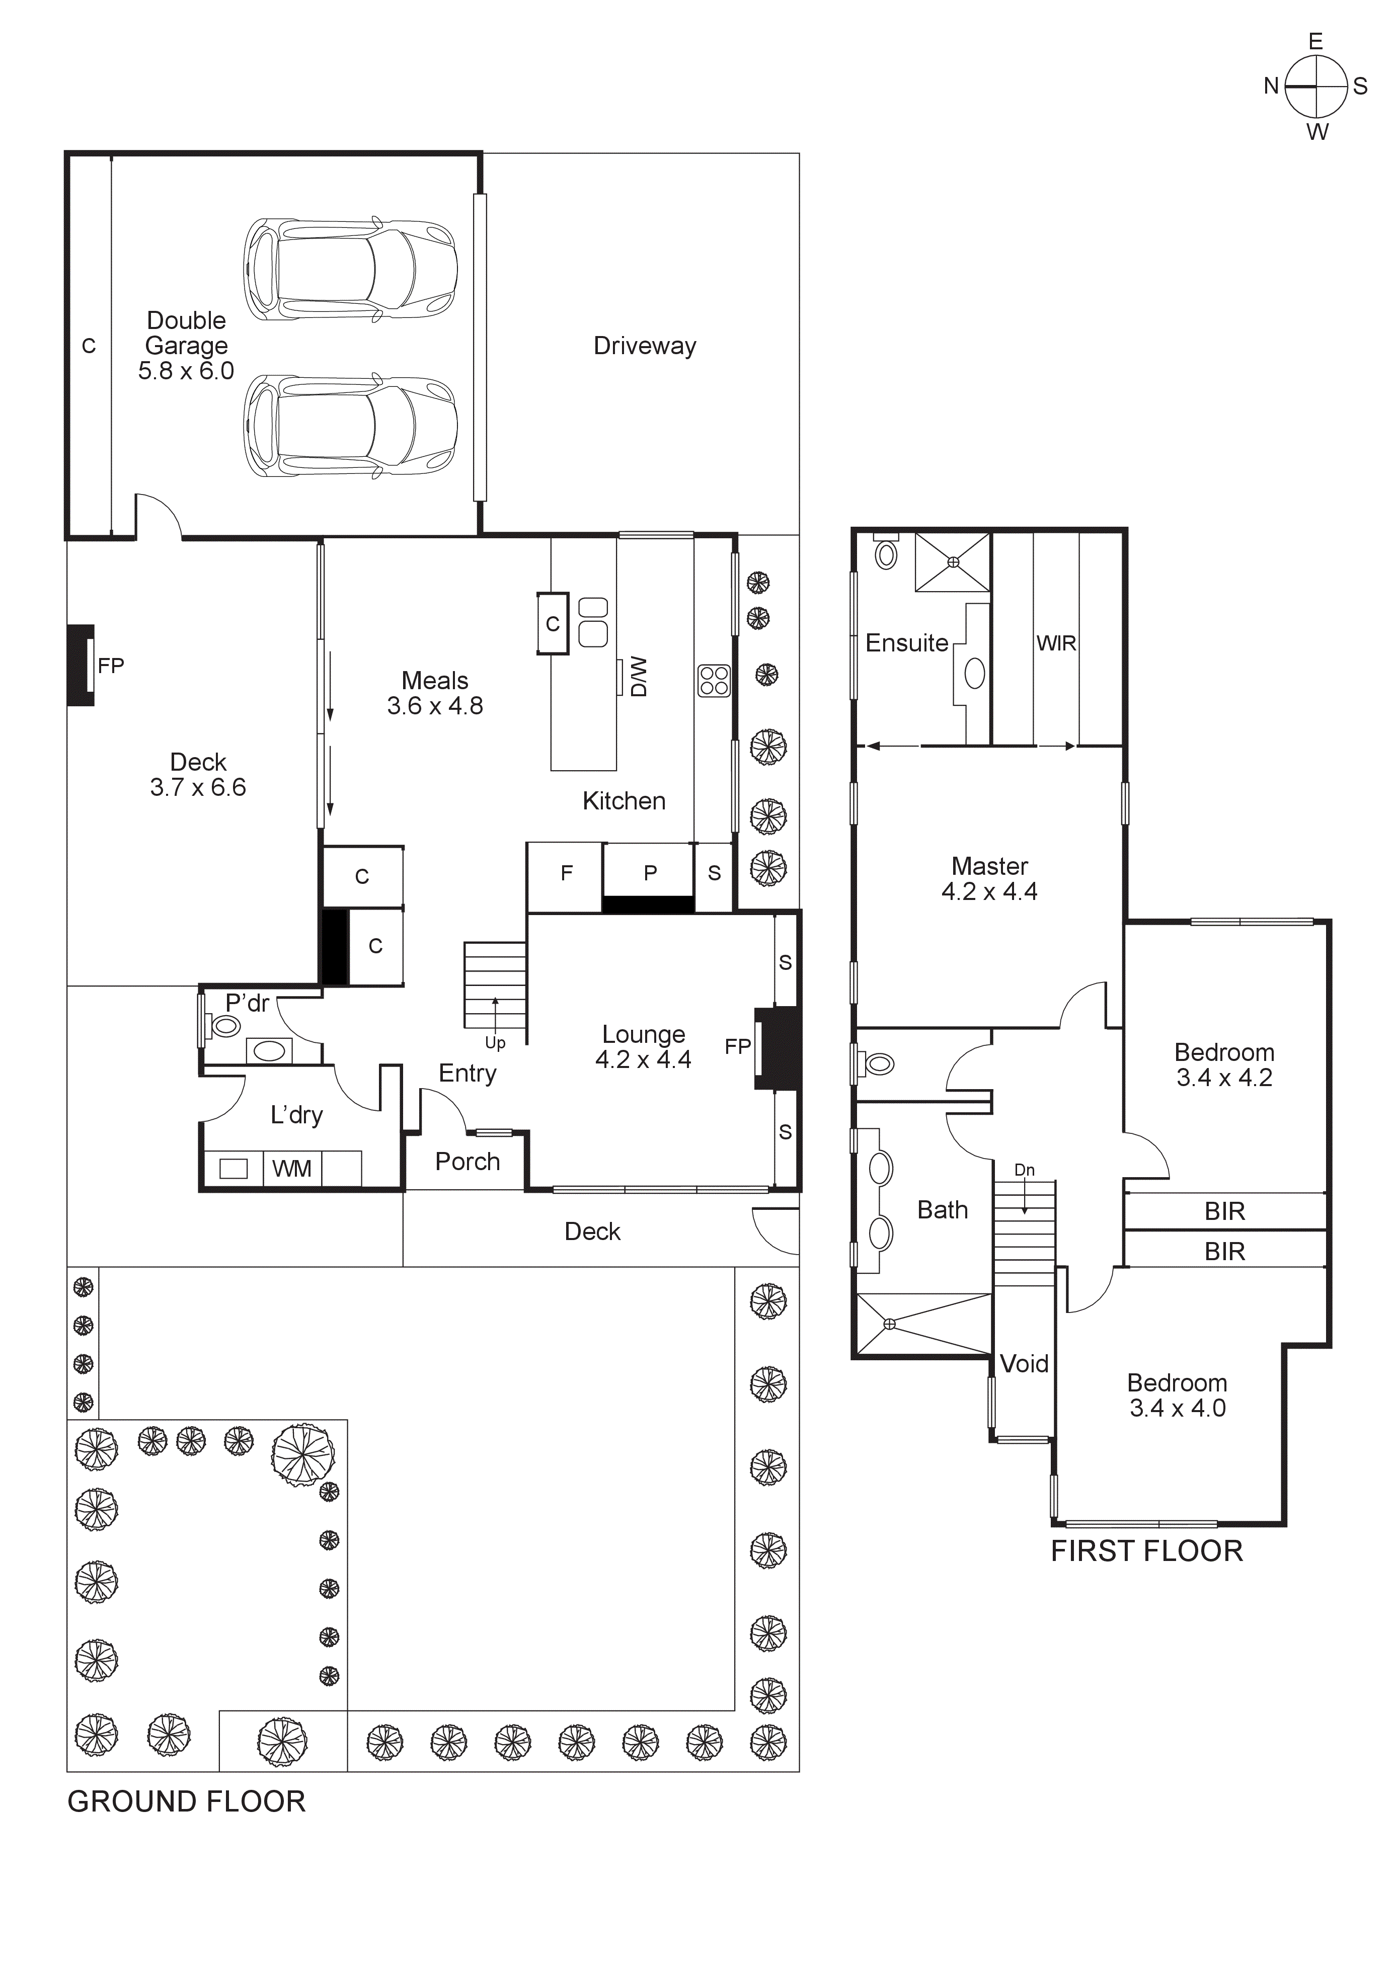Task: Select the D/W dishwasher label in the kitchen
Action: (638, 677)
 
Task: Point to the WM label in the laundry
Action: (291, 1169)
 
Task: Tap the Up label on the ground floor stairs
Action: (495, 1043)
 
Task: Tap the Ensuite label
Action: (906, 643)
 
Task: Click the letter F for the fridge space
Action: (566, 873)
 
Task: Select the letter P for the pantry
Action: (650, 873)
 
